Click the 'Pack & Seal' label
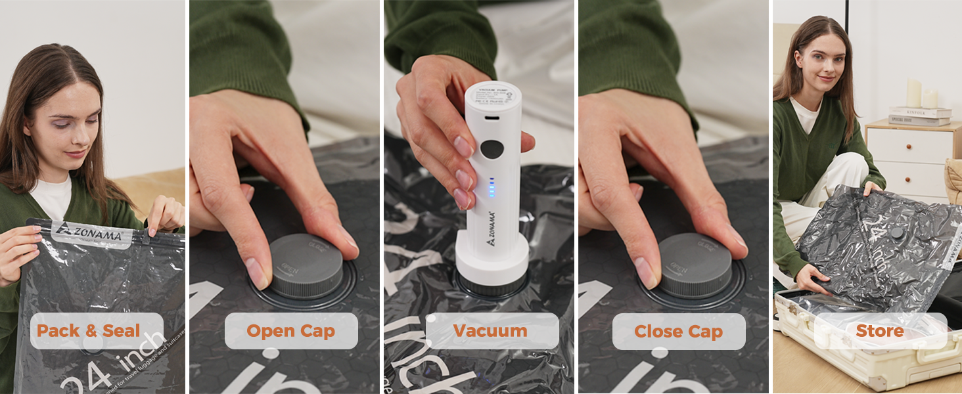(x=88, y=331)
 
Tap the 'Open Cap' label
(x=290, y=331)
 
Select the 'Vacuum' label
(x=490, y=331)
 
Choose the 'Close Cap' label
(x=678, y=331)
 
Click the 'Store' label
(x=879, y=331)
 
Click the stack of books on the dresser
(x=919, y=116)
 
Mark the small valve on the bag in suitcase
(x=896, y=232)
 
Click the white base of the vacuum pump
(x=492, y=259)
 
